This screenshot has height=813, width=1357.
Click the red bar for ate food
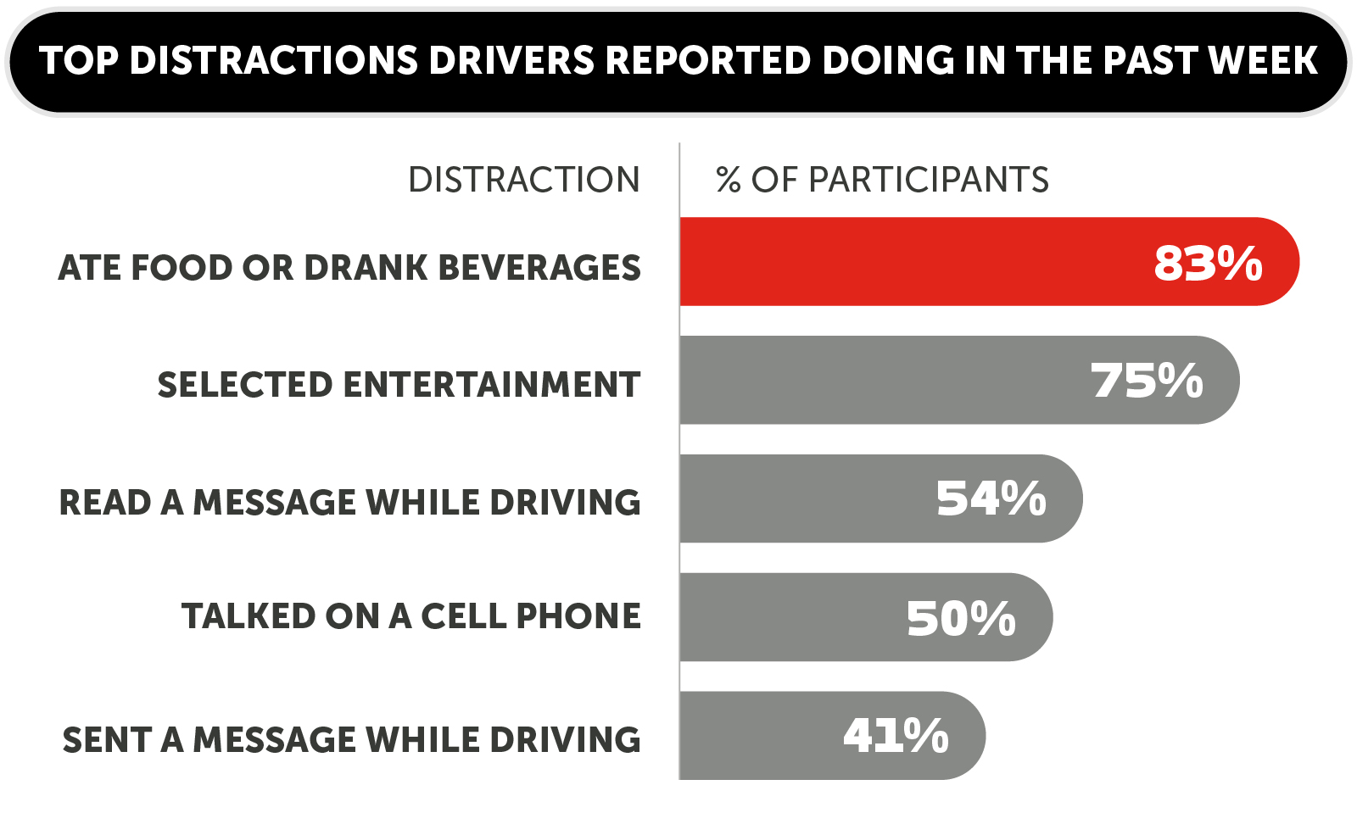pyautogui.click(x=916, y=262)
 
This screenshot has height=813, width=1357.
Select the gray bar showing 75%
pyautogui.click(x=882, y=381)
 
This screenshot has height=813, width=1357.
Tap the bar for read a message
pyautogui.click(x=806, y=498)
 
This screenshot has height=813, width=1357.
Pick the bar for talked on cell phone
pyautogui.click(x=789, y=617)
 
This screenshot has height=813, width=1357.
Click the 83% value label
pyautogui.click(x=1208, y=263)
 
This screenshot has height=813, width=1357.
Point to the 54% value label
pyautogui.click(x=991, y=498)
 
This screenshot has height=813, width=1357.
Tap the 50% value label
pyautogui.click(x=961, y=618)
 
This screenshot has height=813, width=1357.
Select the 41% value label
pyautogui.click(x=896, y=735)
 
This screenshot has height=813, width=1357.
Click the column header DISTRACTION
pyautogui.click(x=523, y=180)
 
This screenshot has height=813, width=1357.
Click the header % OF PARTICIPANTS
pyautogui.click(x=882, y=180)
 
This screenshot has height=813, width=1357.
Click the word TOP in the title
pyautogui.click(x=79, y=61)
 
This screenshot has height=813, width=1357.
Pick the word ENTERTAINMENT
pyautogui.click(x=491, y=385)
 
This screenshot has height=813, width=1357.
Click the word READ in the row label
pyautogui.click(x=104, y=503)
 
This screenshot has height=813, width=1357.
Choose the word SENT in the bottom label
pyautogui.click(x=107, y=740)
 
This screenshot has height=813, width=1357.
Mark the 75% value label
pyautogui.click(x=1147, y=381)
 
